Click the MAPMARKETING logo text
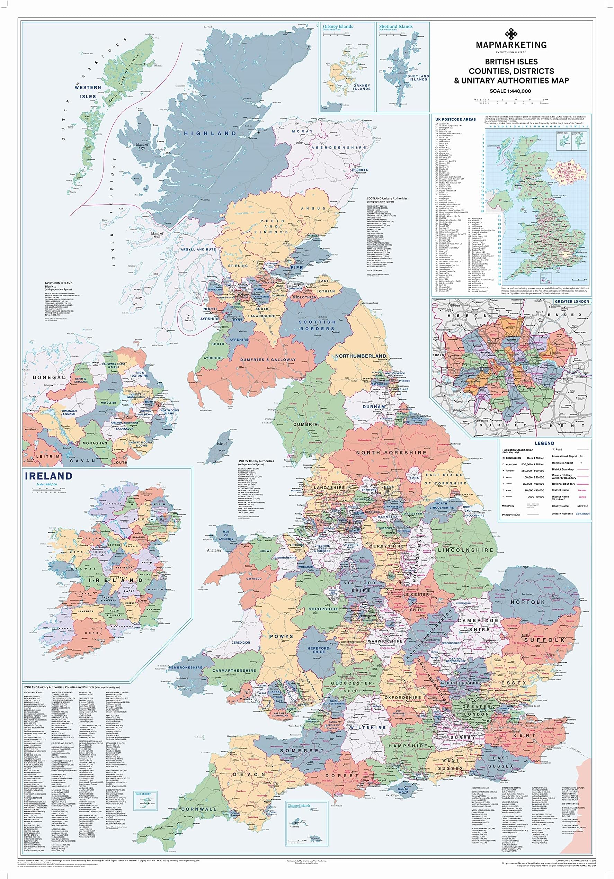point(511,45)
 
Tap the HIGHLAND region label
point(210,133)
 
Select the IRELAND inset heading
point(48,476)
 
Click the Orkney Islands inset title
point(337,26)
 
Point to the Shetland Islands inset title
point(396,26)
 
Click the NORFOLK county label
point(527,602)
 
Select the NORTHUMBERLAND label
point(361,356)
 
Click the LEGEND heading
point(544,443)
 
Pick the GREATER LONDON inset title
point(572,301)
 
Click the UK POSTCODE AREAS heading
point(455,119)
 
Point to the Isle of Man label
point(222,447)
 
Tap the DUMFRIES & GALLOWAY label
point(268,360)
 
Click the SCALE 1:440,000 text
point(510,91)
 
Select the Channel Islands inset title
point(299,806)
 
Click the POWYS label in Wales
point(282,636)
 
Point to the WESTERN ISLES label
point(88,92)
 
